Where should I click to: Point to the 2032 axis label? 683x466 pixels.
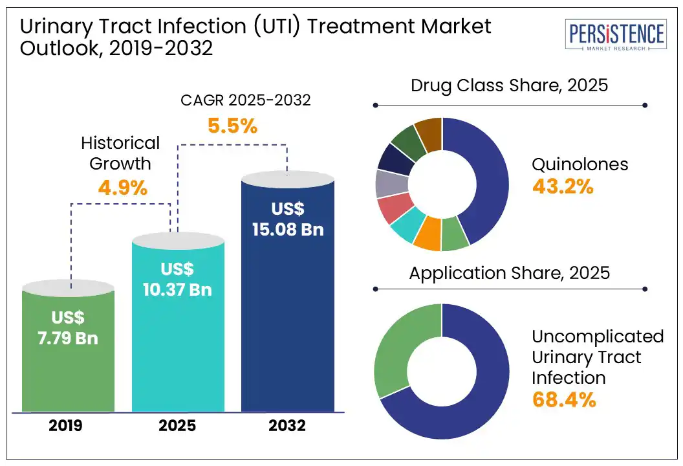click(288, 426)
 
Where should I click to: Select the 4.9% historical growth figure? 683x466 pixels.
click(123, 188)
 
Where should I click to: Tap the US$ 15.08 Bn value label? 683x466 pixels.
click(288, 219)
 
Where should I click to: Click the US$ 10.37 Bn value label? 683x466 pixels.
click(178, 279)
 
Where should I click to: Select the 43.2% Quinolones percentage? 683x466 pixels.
click(563, 186)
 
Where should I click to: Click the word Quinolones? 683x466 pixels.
click(580, 164)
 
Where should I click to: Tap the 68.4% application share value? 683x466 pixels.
click(564, 399)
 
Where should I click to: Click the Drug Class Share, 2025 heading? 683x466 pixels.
click(510, 85)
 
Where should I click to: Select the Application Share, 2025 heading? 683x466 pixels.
click(510, 272)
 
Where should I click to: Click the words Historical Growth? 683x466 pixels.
click(120, 153)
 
